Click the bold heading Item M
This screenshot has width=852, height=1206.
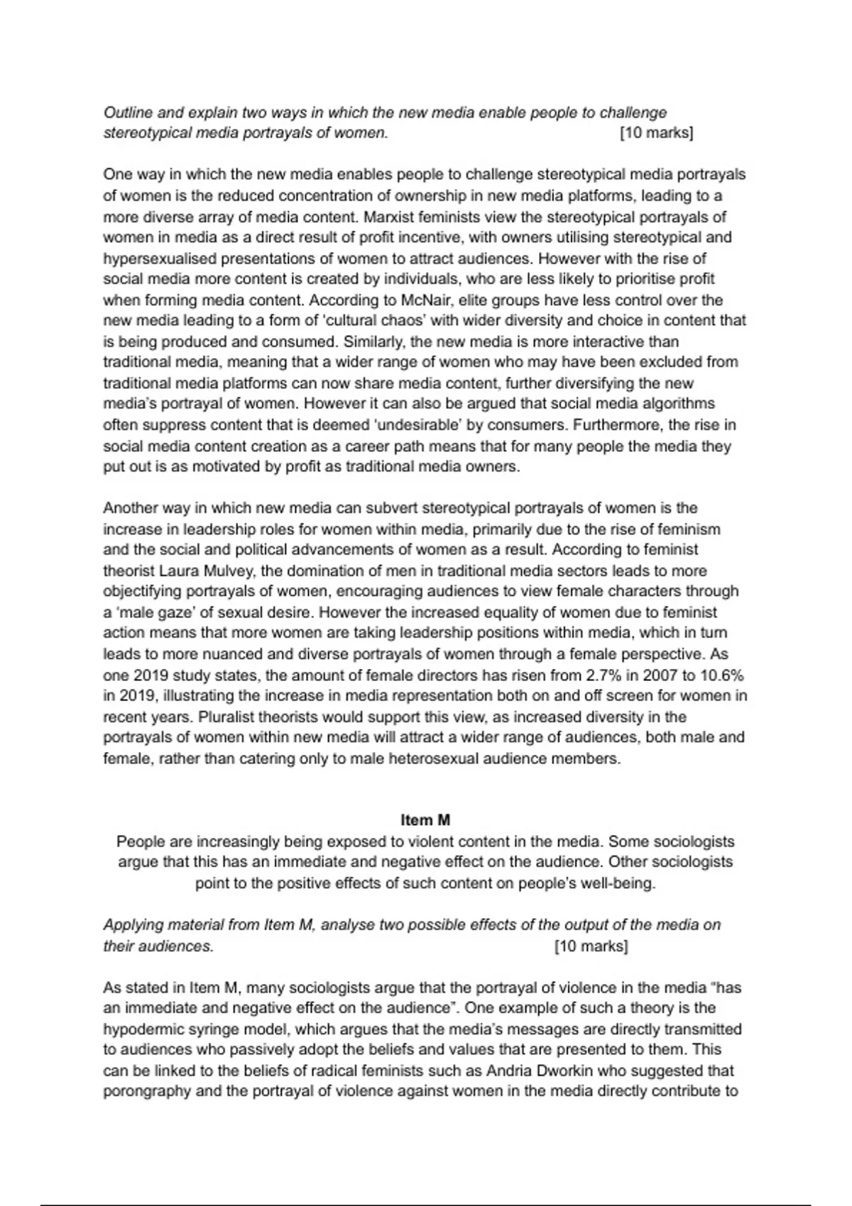(425, 820)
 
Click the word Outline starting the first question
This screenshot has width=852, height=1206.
(125, 113)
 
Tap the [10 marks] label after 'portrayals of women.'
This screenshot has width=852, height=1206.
(656, 133)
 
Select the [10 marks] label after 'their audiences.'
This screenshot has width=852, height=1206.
(591, 946)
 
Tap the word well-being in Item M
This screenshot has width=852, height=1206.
(618, 884)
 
